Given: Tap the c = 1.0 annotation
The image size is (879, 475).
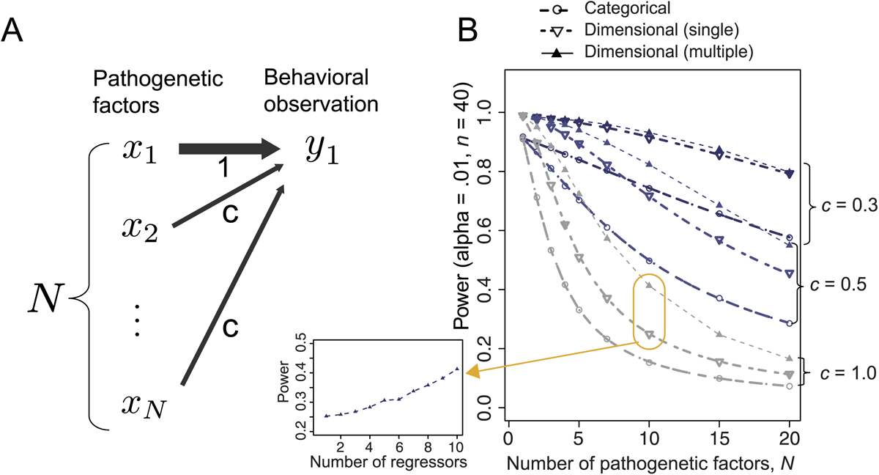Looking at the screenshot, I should [848, 374].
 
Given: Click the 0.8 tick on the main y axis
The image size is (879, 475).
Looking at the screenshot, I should [490, 172].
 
